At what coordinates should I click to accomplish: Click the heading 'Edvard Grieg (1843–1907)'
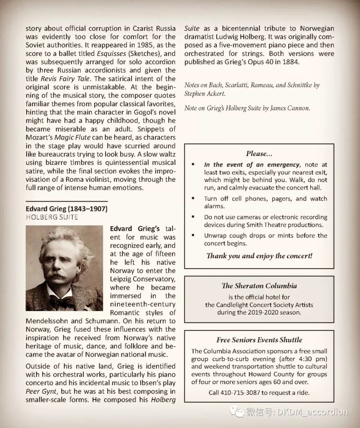pyautogui.click(x=66, y=209)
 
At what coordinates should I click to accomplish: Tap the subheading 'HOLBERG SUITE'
pyautogui.click(x=52, y=217)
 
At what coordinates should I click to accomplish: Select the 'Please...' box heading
pyautogui.click(x=259, y=154)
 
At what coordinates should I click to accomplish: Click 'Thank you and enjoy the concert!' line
pyautogui.click(x=259, y=256)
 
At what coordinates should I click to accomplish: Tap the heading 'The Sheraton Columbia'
pyautogui.click(x=259, y=286)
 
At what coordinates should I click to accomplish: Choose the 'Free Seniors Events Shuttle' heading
pyautogui.click(x=259, y=340)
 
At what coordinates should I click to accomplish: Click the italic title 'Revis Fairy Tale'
pyautogui.click(x=65, y=79)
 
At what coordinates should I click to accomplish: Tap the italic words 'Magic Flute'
pyautogui.click(x=72, y=137)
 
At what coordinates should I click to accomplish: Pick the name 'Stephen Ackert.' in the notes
pyautogui.click(x=205, y=94)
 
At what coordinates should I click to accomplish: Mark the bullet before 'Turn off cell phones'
pyautogui.click(x=193, y=198)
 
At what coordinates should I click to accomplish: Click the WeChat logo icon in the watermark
pyautogui.click(x=237, y=412)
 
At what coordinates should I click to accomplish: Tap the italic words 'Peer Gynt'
pyautogui.click(x=41, y=392)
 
